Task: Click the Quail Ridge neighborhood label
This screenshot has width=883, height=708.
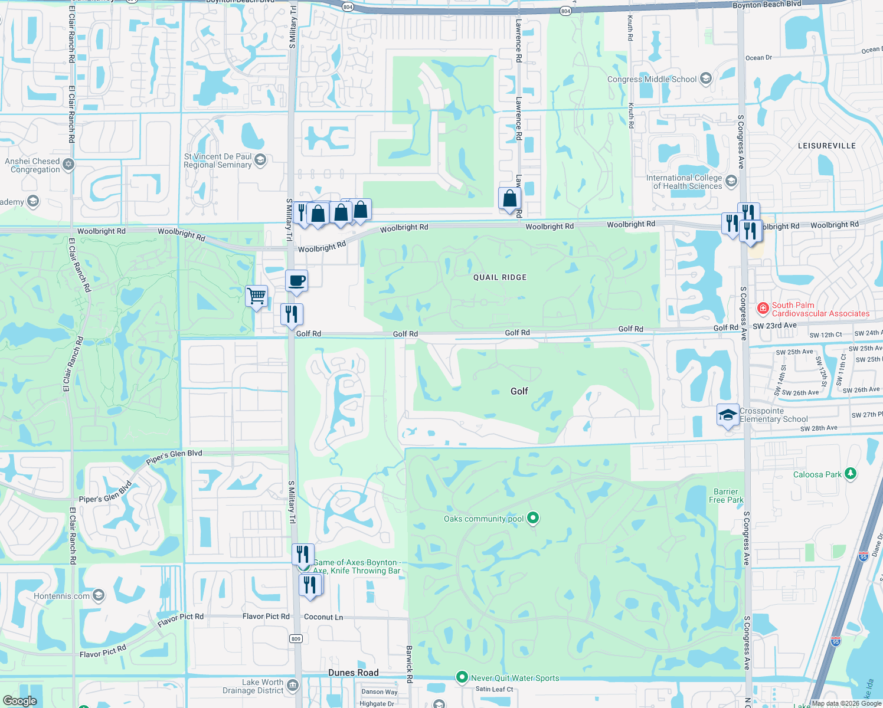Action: (x=500, y=277)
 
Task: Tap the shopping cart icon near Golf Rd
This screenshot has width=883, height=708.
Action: (x=257, y=296)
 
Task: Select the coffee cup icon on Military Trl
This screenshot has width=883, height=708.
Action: (x=296, y=281)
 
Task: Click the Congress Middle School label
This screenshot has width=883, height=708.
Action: (x=652, y=79)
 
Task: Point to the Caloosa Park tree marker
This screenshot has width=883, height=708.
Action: (x=850, y=474)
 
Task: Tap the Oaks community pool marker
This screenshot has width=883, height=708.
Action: (x=533, y=518)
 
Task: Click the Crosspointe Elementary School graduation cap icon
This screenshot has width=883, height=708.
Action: (x=728, y=414)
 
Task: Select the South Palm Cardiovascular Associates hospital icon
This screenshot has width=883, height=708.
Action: (x=763, y=307)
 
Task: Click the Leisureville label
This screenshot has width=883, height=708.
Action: (x=826, y=146)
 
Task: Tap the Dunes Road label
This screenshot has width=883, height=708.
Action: (x=354, y=673)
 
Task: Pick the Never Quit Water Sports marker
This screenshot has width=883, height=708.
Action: (x=462, y=677)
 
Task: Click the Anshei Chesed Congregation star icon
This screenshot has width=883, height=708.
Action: (x=68, y=164)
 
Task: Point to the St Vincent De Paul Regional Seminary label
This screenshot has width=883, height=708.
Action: (x=218, y=161)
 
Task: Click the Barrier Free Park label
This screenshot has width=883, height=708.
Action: (x=726, y=496)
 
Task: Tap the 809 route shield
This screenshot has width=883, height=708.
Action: (x=296, y=639)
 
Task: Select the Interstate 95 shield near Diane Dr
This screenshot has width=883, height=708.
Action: (x=864, y=556)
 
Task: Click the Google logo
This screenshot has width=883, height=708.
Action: (x=19, y=700)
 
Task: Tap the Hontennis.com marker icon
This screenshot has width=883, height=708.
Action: (x=99, y=595)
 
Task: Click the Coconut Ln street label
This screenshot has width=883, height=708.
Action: (x=323, y=617)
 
